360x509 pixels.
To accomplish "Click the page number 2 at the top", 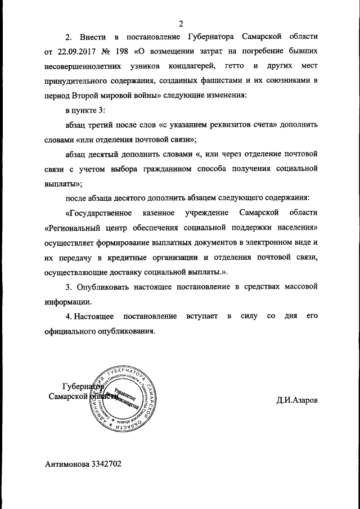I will pyautogui.click(x=181, y=23).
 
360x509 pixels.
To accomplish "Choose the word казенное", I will pyautogui.click(x=157, y=213).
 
